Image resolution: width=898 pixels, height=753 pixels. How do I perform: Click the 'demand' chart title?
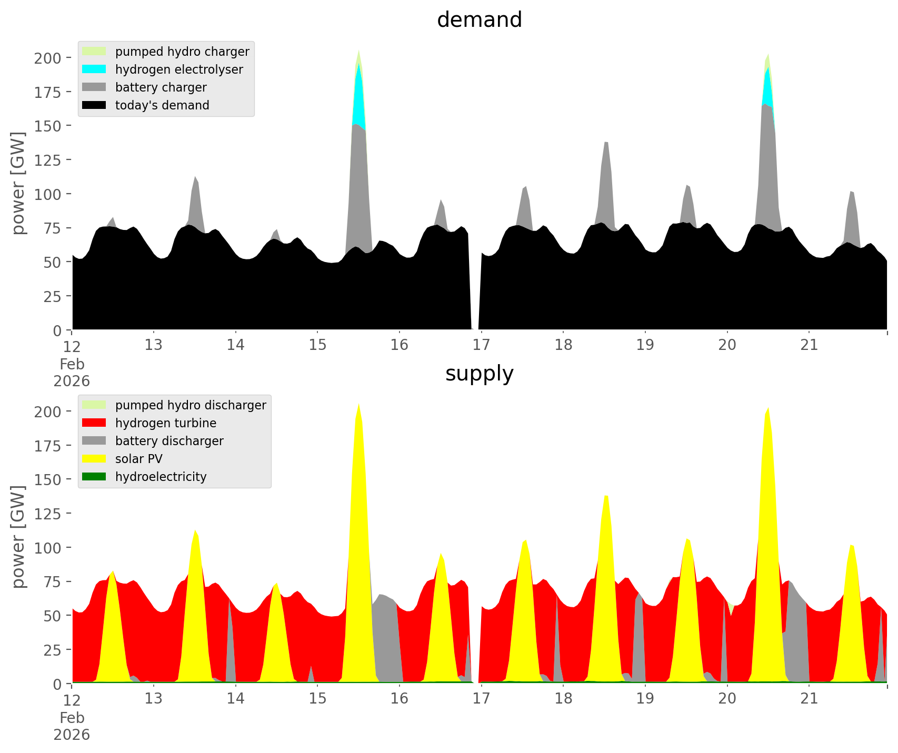(479, 20)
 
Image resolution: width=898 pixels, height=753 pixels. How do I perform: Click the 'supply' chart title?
(479, 374)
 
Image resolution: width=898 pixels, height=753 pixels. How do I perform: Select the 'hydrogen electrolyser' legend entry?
(179, 69)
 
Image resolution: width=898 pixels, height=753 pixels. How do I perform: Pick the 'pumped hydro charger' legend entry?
(182, 52)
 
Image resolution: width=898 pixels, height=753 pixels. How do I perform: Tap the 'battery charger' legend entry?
(161, 87)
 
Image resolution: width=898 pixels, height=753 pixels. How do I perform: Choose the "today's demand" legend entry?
(162, 105)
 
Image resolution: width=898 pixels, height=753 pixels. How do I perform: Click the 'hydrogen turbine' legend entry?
(166, 423)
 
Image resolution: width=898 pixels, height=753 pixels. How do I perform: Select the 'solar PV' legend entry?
(139, 459)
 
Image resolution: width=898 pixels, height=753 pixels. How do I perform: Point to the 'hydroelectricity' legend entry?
(161, 477)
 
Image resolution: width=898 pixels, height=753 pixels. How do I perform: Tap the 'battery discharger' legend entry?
(169, 441)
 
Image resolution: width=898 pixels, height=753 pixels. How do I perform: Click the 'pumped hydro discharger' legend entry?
(191, 405)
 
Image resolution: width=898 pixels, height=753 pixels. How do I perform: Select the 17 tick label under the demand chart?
(481, 345)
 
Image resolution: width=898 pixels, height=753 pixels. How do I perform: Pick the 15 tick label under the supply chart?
(317, 699)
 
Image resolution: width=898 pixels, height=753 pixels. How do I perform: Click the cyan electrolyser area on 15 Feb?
(358, 100)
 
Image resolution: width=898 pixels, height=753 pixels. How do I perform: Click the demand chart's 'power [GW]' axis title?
(18, 183)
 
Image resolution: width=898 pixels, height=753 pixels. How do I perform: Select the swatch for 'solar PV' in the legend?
(94, 459)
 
